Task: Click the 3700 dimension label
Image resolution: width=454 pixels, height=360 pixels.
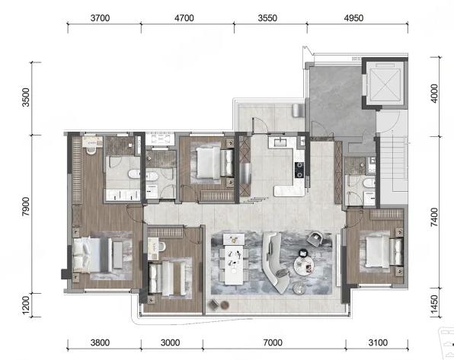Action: coord(101,18)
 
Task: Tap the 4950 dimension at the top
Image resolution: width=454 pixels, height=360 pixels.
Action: coord(353,18)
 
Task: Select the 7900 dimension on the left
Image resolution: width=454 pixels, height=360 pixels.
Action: coord(26,206)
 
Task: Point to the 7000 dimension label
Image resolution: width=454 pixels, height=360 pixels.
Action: coord(273,342)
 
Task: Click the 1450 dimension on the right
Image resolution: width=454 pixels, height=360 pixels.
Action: coord(434,304)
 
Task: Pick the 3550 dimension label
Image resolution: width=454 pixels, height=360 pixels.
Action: coord(267,18)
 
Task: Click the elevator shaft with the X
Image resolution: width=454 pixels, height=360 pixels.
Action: coord(385,84)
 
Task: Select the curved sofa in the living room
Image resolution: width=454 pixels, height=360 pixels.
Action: coord(275,261)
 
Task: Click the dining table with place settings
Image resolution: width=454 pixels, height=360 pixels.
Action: coord(234,265)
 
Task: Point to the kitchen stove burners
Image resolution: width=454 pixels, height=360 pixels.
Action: coord(299,170)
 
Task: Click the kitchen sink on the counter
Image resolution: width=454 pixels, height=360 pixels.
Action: coord(280,143)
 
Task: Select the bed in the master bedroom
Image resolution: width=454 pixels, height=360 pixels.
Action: coord(92,255)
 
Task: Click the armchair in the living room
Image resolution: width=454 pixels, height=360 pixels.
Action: coord(315,239)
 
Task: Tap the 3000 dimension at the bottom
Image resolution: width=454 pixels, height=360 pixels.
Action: coord(171,342)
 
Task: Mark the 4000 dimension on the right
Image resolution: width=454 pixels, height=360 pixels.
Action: coord(434,93)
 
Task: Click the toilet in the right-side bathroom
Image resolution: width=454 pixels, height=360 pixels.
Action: coord(369,183)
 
